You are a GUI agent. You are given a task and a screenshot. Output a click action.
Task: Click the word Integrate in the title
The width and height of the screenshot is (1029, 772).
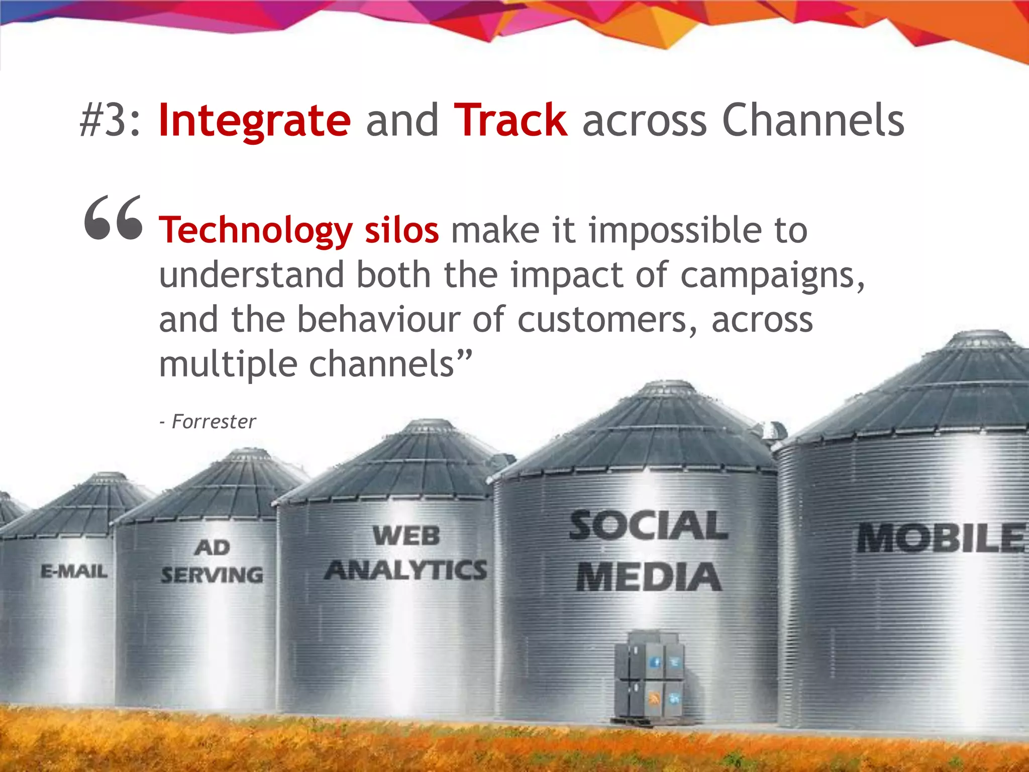(x=254, y=121)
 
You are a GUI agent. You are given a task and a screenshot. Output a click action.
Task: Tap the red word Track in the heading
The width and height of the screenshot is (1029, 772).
(x=510, y=121)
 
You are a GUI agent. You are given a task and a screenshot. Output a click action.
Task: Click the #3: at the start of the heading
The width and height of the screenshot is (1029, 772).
(x=111, y=121)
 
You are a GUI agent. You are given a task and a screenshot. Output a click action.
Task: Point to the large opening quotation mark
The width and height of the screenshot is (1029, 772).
(x=114, y=218)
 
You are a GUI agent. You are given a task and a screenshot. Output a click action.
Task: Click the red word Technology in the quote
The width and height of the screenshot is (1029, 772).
(x=256, y=231)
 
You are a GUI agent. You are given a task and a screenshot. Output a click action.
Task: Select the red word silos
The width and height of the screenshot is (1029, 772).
(x=401, y=231)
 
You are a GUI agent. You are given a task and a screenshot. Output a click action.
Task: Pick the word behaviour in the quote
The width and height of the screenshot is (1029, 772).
(x=378, y=320)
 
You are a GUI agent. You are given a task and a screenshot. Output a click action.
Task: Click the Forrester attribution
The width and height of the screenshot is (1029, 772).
(x=213, y=422)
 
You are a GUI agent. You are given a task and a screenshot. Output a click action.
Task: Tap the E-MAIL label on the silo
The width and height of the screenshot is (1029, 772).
(x=74, y=571)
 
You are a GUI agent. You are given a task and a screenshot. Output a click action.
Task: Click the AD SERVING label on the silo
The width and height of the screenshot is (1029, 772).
(x=212, y=562)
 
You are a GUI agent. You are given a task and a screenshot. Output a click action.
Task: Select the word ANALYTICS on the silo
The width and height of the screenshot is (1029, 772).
(x=405, y=570)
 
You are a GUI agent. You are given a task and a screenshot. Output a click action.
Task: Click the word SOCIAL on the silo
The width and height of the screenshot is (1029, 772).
(x=648, y=526)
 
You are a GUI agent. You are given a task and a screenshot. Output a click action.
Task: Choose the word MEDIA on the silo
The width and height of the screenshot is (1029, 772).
(x=648, y=576)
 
